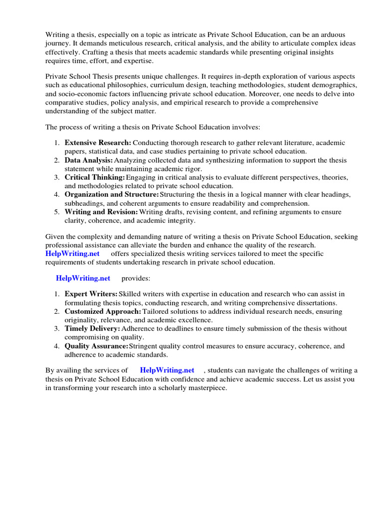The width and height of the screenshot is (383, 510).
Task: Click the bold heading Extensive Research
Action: coord(98,143)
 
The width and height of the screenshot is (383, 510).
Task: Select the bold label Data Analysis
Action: coord(89,160)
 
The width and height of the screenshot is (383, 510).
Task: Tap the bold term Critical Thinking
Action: coord(95,178)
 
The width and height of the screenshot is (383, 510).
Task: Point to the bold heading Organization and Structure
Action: coord(112,195)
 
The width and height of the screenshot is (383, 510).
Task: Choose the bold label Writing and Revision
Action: coord(101,212)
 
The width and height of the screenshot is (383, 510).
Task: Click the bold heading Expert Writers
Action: coord(91,294)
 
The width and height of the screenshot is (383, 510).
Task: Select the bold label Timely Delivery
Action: coord(92,329)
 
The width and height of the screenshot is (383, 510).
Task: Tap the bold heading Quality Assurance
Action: coord(96,346)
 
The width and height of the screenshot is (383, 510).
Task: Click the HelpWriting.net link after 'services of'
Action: coord(167,370)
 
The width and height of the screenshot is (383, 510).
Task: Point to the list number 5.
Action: coord(57,212)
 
